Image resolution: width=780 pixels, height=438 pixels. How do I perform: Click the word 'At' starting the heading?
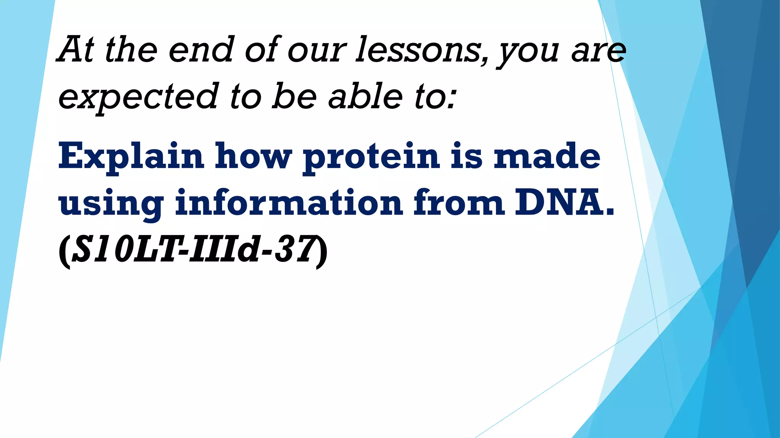(x=75, y=49)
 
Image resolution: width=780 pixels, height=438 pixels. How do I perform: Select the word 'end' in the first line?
(x=201, y=49)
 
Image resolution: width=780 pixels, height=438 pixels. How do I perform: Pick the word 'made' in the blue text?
(x=547, y=156)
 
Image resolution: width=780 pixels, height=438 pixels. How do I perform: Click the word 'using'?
(x=111, y=203)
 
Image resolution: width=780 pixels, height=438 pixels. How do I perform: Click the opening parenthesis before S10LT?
(x=64, y=251)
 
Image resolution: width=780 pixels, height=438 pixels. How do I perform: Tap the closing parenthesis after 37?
(x=322, y=251)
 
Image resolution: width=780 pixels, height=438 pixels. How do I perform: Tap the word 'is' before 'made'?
(x=466, y=156)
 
